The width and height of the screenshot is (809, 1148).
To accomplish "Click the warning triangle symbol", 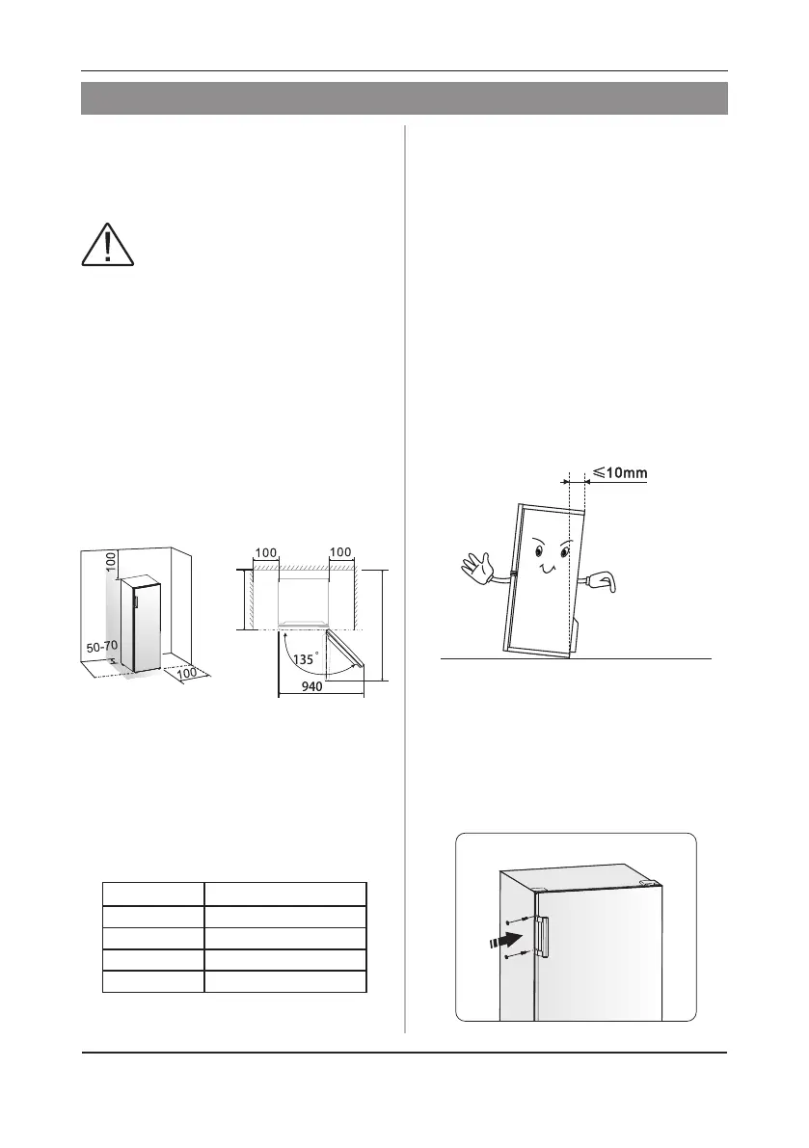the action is [x=108, y=243].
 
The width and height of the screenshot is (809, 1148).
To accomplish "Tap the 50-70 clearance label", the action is [x=102, y=648].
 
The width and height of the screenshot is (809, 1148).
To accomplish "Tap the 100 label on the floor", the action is [x=190, y=672].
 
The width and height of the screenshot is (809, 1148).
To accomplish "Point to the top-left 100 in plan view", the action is [x=265, y=553].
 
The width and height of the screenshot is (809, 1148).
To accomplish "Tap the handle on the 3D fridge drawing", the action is [x=137, y=601].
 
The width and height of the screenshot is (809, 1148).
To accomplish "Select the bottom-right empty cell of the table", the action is [x=285, y=982].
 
